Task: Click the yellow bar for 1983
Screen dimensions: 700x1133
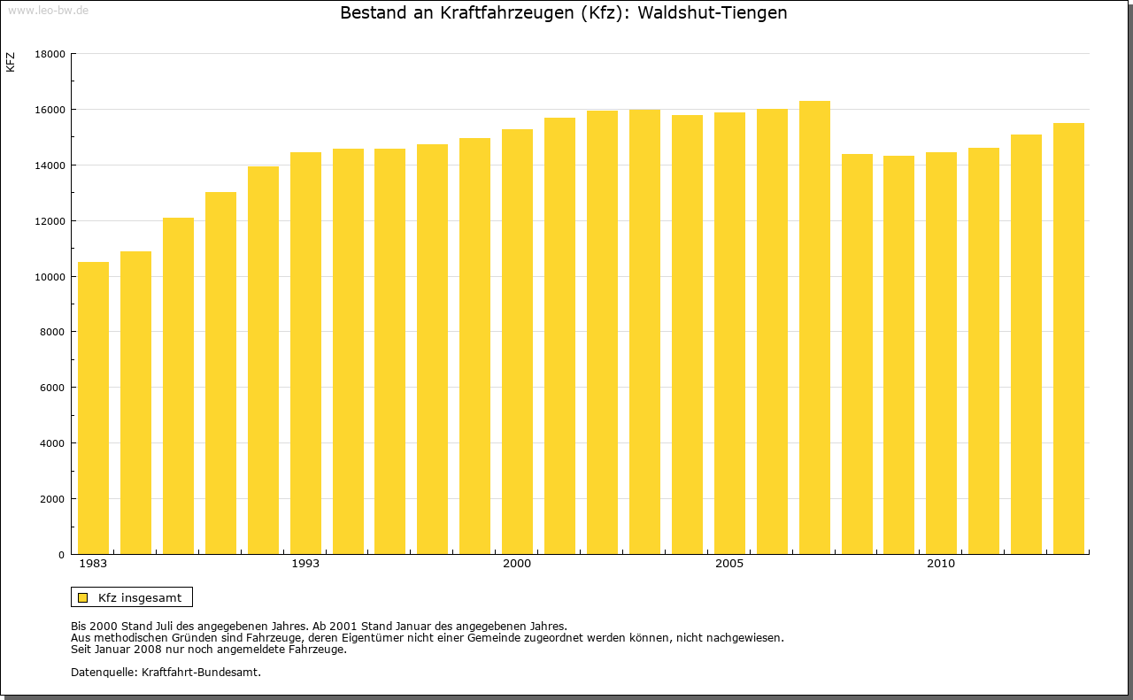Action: click(93, 408)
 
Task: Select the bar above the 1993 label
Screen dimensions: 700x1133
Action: click(305, 353)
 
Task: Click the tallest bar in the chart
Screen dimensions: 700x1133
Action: click(814, 327)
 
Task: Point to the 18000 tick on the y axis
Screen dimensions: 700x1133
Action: click(49, 54)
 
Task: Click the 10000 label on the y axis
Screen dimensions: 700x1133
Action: click(49, 277)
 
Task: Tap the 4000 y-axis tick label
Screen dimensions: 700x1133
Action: click(51, 443)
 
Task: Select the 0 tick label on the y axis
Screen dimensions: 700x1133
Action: click(61, 555)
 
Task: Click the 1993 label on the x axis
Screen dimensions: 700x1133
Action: click(305, 564)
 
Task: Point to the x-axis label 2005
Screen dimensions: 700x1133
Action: click(729, 564)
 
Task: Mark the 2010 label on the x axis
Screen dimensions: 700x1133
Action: click(941, 564)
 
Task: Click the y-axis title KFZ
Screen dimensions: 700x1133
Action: click(11, 62)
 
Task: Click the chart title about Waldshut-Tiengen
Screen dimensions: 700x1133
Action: click(564, 13)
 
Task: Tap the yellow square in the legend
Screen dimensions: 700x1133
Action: click(82, 597)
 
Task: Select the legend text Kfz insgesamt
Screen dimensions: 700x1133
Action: click(140, 597)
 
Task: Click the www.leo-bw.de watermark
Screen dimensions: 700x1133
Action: click(48, 10)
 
